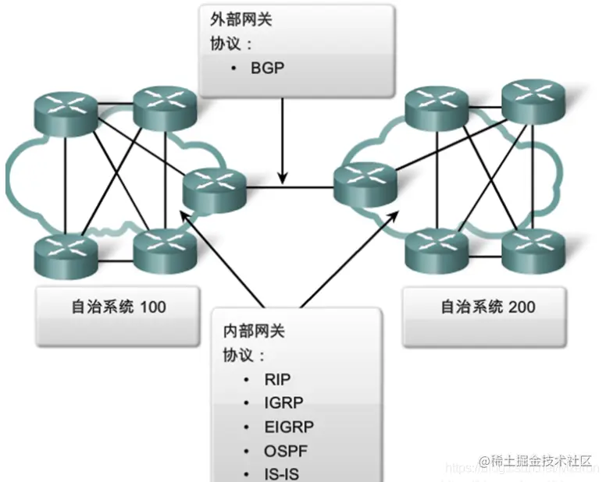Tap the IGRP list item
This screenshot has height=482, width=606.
283,403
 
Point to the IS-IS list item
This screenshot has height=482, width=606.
282,473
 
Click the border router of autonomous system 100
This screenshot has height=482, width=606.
214,188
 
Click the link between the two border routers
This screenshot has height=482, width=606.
289,187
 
